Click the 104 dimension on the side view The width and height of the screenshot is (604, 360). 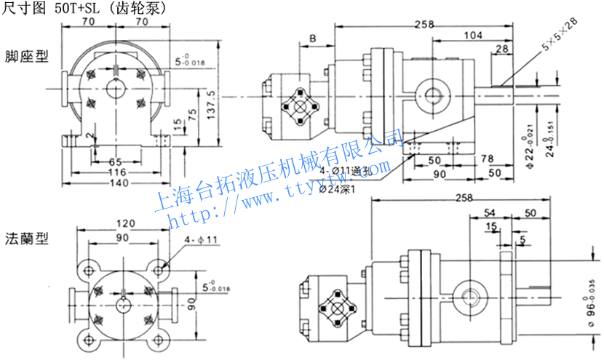point(473,35)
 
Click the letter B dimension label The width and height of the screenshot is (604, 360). point(311,38)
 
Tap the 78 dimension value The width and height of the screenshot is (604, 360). point(488,159)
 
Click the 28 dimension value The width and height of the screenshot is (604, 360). point(501,49)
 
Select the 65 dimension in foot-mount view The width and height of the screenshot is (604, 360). point(115,161)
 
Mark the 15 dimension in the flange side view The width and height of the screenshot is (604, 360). point(492,226)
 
